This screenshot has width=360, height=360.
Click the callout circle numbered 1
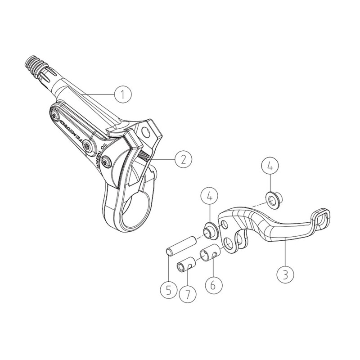123,94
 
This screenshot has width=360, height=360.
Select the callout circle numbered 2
183,159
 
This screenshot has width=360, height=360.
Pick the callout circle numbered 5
169,290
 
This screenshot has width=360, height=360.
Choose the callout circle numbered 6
213,285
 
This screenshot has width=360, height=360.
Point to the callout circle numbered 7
188,294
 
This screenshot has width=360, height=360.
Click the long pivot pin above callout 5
181,246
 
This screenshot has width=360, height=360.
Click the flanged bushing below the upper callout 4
274,200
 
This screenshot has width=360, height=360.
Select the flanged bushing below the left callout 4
211,231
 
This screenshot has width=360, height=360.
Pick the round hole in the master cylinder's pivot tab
145,131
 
